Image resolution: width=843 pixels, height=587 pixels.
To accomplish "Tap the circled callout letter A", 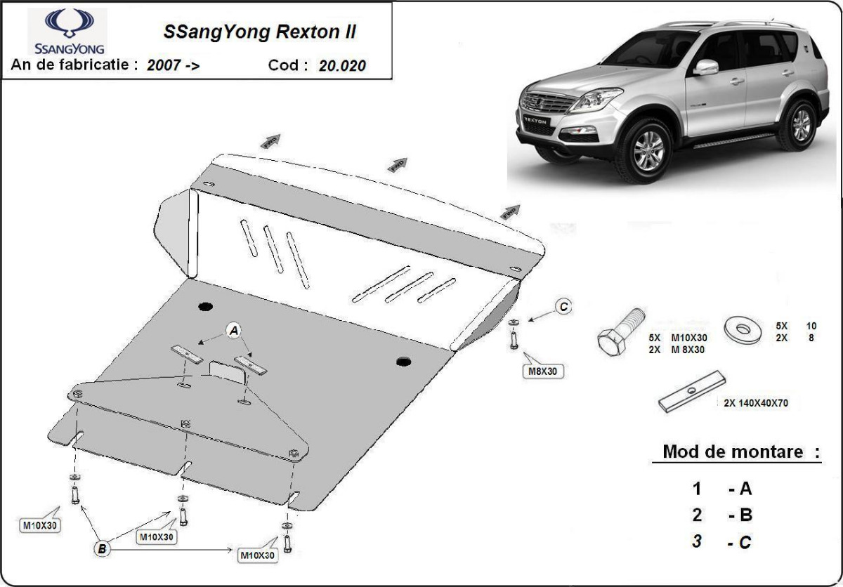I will click(x=234, y=330).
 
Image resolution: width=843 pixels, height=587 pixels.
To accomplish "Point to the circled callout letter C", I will click(x=563, y=305).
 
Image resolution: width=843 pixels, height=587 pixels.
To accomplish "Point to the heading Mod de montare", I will click(x=733, y=451).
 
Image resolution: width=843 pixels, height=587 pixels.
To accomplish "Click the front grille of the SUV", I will click(x=546, y=104).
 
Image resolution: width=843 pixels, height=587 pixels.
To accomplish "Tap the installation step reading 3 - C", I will click(x=721, y=541).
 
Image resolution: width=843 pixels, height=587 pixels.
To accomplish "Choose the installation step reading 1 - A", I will click(x=721, y=488).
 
